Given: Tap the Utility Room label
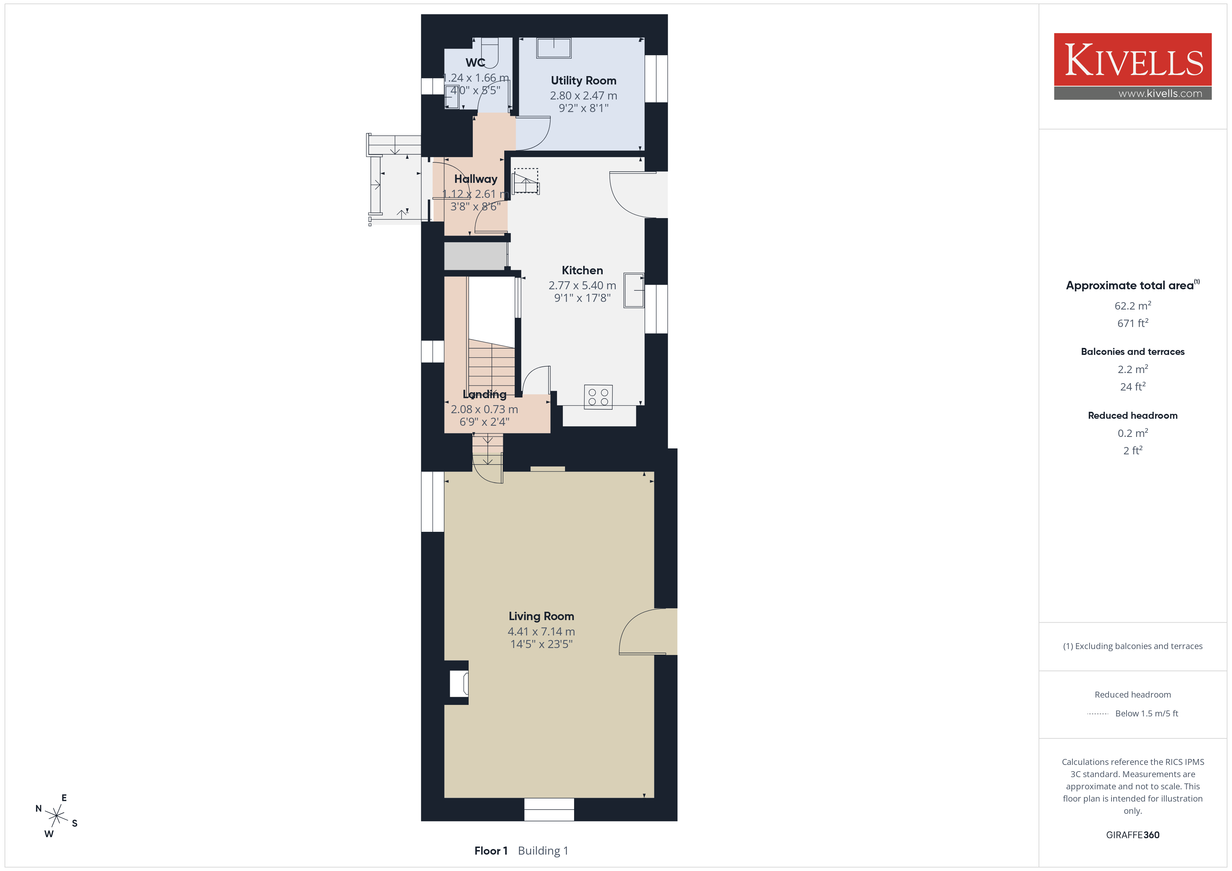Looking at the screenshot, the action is pos(583,81).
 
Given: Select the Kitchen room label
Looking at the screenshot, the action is pos(582,270).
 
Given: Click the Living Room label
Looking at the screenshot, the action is pos(541,616).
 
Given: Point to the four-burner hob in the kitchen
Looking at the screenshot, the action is pos(598,397).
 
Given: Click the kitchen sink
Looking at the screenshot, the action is pos(634,291).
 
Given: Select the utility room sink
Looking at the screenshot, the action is pos(554,48).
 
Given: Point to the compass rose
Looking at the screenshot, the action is pos(56,816).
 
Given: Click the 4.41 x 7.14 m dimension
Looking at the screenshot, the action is pos(541,632).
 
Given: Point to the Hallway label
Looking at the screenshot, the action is pos(475,179).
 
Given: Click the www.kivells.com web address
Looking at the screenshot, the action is pos(1160,93).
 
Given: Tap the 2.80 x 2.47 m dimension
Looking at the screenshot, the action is pos(583,96).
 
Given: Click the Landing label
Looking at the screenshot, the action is pos(485,395).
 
